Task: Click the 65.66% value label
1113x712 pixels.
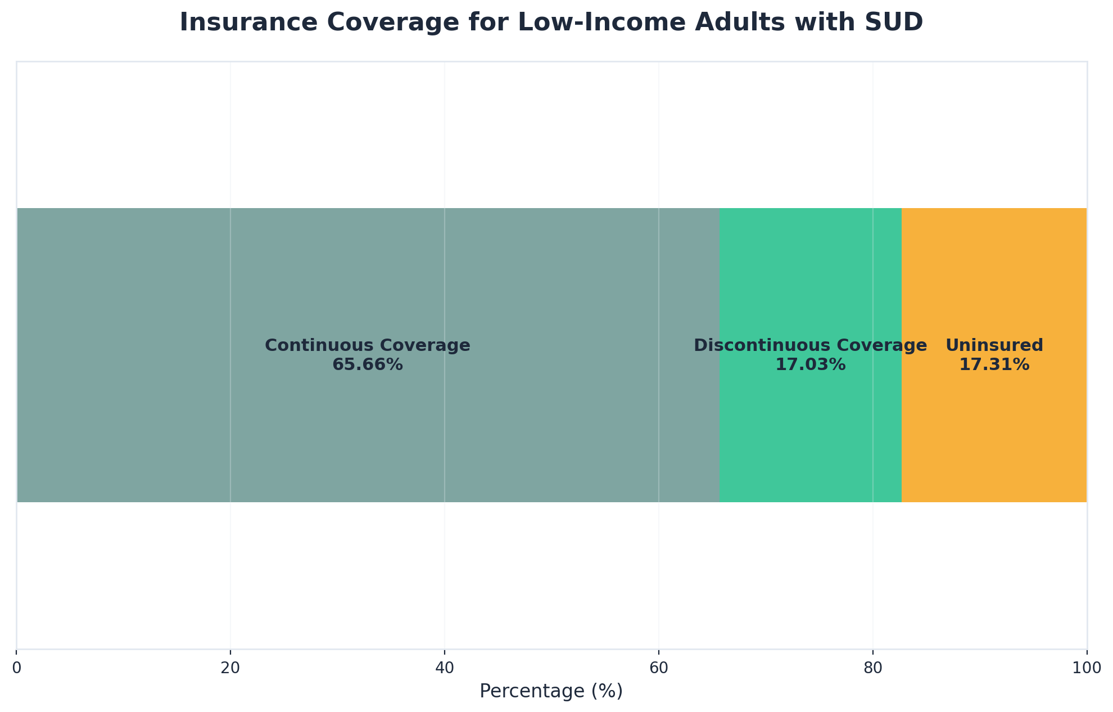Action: coord(368,365)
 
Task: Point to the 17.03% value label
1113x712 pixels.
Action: coord(810,365)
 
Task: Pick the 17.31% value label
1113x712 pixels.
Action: coord(994,365)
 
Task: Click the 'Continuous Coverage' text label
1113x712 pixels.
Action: coord(368,345)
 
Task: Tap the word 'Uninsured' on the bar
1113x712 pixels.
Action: coord(994,345)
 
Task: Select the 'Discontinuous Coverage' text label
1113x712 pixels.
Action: coord(810,345)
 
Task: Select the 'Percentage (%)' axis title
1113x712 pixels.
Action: coord(551,691)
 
